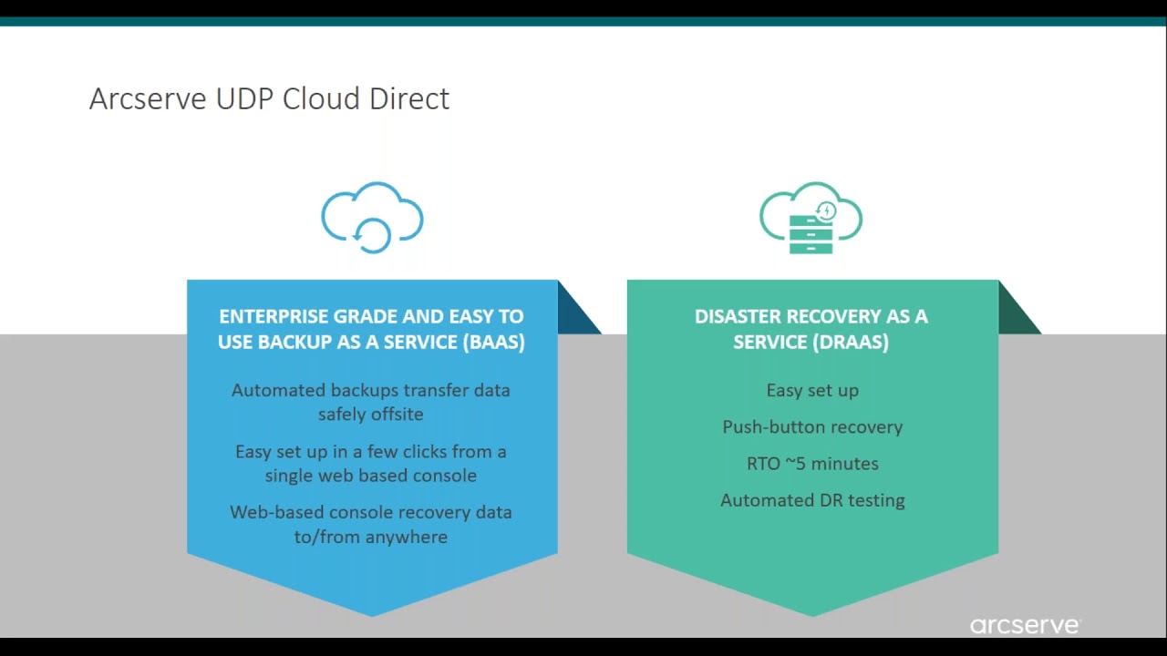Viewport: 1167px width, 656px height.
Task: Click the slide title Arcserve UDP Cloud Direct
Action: click(269, 98)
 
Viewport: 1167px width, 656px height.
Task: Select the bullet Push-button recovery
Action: click(812, 427)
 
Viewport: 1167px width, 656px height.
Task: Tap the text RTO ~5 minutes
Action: click(812, 464)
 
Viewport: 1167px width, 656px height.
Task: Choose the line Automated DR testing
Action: click(812, 500)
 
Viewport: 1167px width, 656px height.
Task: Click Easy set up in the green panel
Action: click(812, 391)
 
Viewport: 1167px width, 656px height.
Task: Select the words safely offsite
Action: click(371, 415)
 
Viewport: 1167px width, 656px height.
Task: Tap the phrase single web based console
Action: click(371, 476)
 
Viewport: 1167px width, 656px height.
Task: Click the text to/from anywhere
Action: click(371, 537)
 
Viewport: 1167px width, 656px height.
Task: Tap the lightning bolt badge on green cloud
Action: click(826, 210)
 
